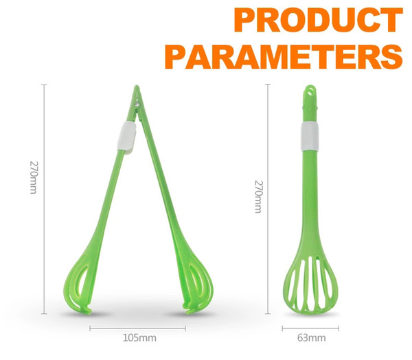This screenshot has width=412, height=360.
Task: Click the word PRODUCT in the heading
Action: coord(318,20)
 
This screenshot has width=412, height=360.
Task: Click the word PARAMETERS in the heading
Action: coord(284,56)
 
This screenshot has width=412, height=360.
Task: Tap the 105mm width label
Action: coord(139,337)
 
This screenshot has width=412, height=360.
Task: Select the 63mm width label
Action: coord(311,337)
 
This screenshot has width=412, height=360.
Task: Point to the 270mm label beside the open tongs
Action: coord(34,177)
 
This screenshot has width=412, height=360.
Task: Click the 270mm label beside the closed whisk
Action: coord(259,196)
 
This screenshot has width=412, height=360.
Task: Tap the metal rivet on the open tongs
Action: coord(137,105)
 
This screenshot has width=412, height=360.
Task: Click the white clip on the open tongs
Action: coord(126,137)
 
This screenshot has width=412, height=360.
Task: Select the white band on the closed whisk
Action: coord(310,137)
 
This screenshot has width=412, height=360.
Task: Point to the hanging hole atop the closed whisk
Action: coord(311,91)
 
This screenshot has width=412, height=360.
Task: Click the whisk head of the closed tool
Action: coord(310,282)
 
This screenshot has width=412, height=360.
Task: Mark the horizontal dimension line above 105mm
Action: coord(138,328)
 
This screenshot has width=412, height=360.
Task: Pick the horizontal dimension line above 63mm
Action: coord(310,328)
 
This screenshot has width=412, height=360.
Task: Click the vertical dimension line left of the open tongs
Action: coord(44,199)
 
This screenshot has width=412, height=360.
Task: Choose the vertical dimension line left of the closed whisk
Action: coord(268,199)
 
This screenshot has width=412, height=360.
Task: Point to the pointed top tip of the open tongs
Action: coord(137,86)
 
